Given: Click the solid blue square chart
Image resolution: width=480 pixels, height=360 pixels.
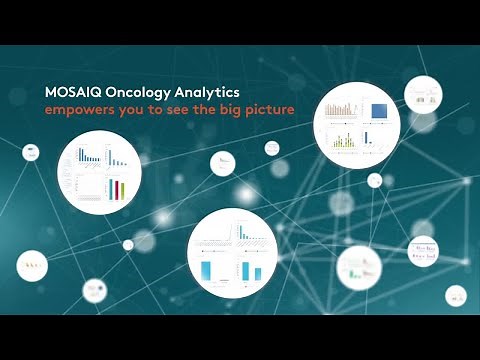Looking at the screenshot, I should pos(378,110).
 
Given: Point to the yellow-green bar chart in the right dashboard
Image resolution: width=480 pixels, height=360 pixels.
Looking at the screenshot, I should pos(345,141).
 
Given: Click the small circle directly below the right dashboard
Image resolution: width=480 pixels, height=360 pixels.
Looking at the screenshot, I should pos(374,181).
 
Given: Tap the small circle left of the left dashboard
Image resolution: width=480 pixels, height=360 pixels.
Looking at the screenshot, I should pos(32,152).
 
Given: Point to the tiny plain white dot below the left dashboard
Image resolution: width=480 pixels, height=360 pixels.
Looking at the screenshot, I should pos(127,245).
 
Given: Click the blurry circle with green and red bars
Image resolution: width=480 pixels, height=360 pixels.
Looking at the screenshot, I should pos(355,266).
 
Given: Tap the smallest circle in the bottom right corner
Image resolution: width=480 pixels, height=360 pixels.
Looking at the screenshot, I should pos(455,296).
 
